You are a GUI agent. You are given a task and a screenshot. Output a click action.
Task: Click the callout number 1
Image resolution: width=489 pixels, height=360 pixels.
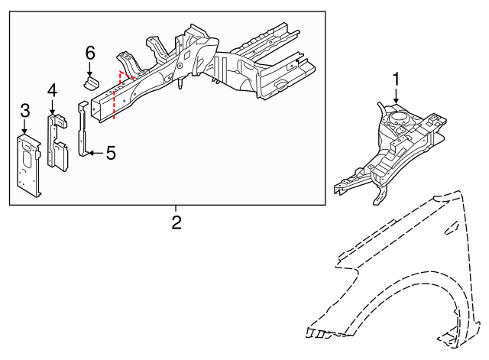[x=397, y=79]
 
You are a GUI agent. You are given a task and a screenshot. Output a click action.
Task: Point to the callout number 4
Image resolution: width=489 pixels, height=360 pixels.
[x=52, y=90]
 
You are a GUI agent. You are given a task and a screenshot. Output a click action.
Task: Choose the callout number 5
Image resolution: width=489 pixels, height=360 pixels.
[x=110, y=154]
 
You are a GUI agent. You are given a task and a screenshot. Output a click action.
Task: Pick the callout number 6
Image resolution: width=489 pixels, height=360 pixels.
[x=90, y=53]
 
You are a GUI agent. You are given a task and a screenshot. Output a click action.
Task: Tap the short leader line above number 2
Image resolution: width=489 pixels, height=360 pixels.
[x=176, y=209]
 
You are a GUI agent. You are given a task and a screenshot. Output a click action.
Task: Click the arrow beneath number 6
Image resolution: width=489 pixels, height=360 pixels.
[x=90, y=67]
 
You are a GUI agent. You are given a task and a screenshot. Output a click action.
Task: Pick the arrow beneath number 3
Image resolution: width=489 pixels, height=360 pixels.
[x=24, y=127]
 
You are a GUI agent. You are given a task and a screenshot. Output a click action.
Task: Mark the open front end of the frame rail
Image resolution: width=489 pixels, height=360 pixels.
[x=96, y=106]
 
